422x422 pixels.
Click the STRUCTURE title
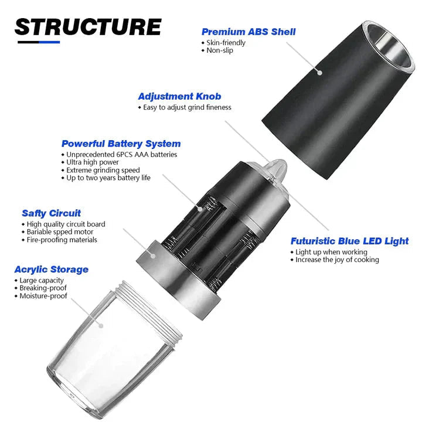pyautogui.click(x=88, y=27)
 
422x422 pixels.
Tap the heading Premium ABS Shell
pyautogui.click(x=249, y=32)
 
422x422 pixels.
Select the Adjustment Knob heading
pyautogui.click(x=179, y=96)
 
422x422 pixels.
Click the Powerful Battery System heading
pyautogui.click(x=121, y=144)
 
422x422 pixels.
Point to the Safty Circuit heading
pyautogui.click(x=51, y=213)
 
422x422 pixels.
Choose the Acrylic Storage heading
pyautogui.click(x=52, y=270)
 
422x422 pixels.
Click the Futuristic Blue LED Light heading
pyautogui.click(x=349, y=241)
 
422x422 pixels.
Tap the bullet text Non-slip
pyautogui.click(x=220, y=50)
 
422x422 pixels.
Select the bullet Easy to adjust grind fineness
pyautogui.click(x=187, y=107)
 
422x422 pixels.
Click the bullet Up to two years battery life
pyautogui.click(x=108, y=178)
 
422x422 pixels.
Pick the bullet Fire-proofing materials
pyautogui.click(x=62, y=240)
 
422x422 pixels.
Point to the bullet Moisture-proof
pyautogui.click(x=43, y=296)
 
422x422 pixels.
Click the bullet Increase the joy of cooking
pyautogui.click(x=337, y=260)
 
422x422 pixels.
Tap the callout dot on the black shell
pyautogui.click(x=320, y=73)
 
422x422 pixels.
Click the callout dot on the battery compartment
pyautogui.click(x=200, y=209)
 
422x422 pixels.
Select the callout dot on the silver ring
pyautogui.click(x=153, y=256)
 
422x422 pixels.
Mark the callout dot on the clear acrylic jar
pyautogui.click(x=101, y=326)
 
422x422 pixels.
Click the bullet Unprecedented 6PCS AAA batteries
pyautogui.click(x=122, y=155)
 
